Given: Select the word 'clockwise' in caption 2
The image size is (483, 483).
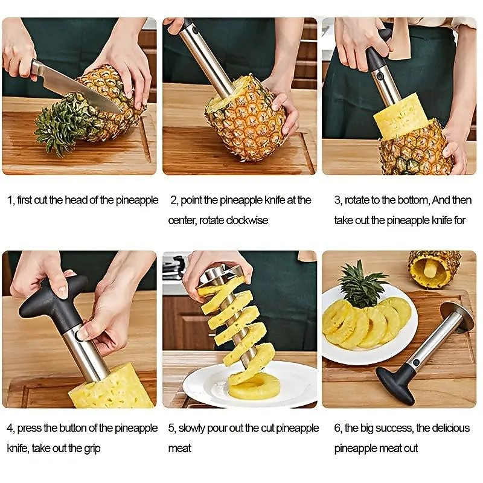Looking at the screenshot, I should pos(247,220).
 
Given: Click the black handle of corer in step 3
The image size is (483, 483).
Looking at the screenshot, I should pos(377,57).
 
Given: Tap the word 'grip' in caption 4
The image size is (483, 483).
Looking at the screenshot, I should pos(90,449).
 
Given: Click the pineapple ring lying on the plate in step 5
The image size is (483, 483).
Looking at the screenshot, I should pos(254,386).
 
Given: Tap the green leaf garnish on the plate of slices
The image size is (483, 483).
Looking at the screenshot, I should pos(362,284).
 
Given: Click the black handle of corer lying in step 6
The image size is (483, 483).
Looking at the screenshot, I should pos(395,383).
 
